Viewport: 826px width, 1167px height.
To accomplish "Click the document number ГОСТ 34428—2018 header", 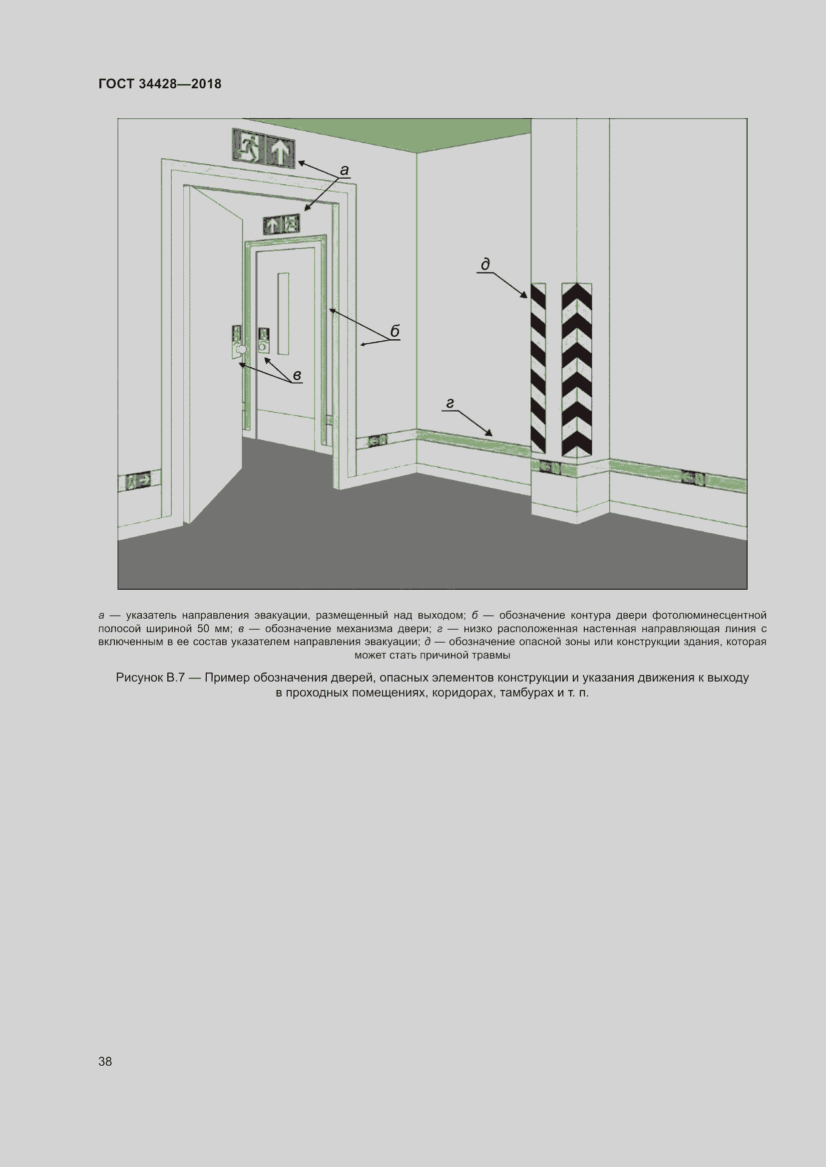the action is tap(160, 84).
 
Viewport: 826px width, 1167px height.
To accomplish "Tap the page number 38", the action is tap(105, 1061).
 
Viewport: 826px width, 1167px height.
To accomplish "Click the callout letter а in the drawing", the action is tap(345, 170).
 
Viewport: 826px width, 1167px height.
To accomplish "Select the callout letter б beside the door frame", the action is tap(395, 331).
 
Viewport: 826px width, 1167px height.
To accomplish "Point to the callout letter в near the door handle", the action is tap(297, 376).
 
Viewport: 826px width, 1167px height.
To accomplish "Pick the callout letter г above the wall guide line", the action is tap(449, 404).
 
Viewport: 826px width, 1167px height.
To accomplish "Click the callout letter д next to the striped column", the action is tap(486, 264).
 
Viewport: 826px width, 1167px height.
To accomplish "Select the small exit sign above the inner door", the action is tap(281, 224).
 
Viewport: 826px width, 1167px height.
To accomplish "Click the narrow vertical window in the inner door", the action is tap(283, 314).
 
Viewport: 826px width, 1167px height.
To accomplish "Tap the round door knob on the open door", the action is tap(242, 350).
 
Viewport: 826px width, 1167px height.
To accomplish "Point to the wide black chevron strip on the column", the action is tap(577, 370).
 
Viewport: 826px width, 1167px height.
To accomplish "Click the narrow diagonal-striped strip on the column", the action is tap(538, 368).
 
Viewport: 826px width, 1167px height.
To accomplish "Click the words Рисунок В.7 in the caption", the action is tap(150, 678).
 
